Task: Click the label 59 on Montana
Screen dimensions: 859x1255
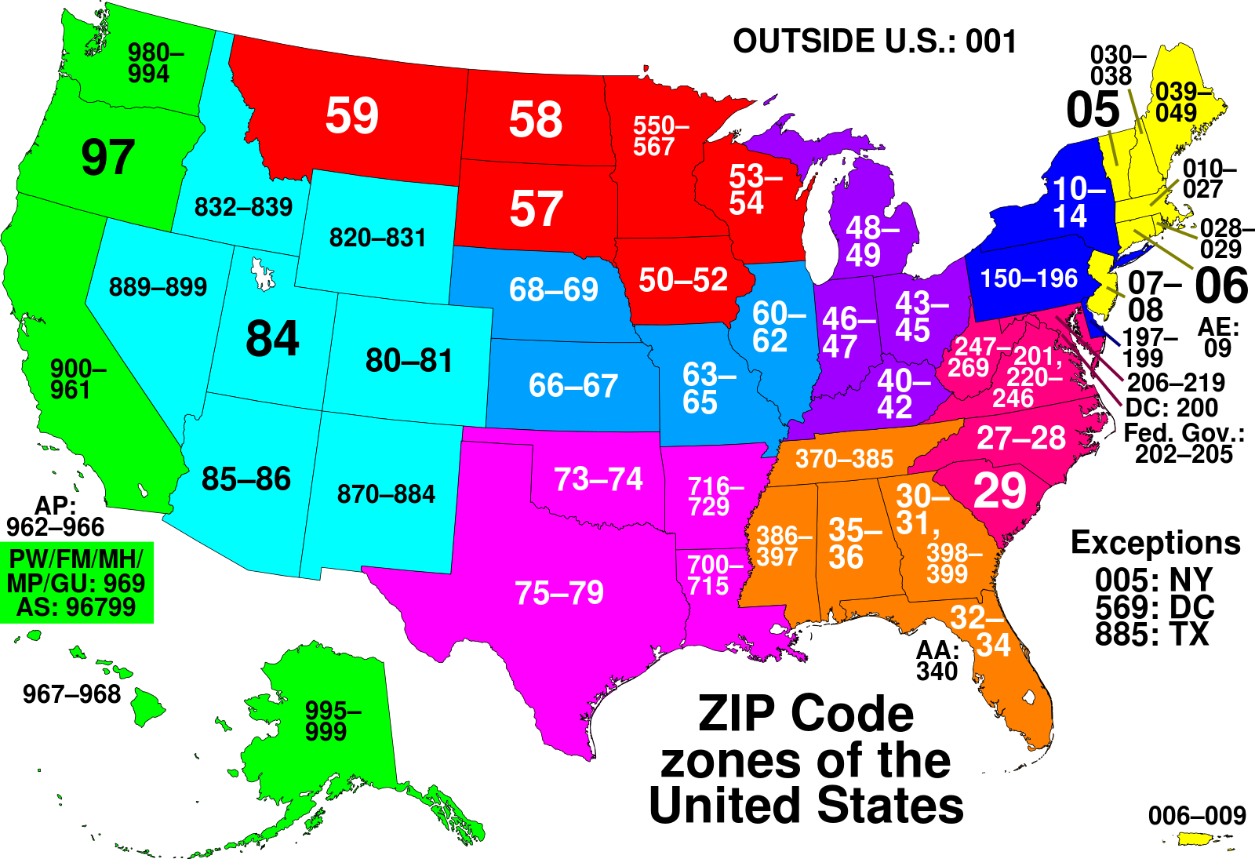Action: coord(352,116)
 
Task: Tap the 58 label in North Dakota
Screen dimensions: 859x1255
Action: coord(536,120)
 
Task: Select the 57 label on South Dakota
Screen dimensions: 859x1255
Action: coord(537,209)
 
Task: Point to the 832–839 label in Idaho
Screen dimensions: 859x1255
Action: coord(243,207)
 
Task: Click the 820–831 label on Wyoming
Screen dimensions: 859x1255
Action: coord(377,238)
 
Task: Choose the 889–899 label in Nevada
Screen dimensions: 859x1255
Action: coord(158,287)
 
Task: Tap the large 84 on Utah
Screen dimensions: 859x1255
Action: coord(272,339)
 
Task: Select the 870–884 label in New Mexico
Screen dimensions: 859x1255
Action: coord(386,494)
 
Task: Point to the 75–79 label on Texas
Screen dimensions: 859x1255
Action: coord(558,594)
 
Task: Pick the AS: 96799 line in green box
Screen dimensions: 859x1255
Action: coord(76,607)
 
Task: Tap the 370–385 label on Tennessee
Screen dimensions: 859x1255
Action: coord(844,459)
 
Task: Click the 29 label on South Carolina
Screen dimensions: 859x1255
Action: coord(999,492)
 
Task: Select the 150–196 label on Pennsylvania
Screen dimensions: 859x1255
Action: coord(1029,278)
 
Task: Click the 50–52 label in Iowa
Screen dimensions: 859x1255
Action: coord(683,280)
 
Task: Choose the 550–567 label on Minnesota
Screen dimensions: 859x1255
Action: coord(660,136)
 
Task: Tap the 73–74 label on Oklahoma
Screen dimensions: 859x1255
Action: coord(598,479)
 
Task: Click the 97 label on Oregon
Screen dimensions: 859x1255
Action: coord(108,158)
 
